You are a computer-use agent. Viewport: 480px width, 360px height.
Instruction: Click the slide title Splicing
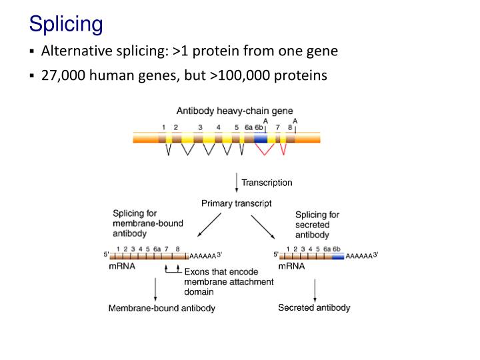click(x=65, y=25)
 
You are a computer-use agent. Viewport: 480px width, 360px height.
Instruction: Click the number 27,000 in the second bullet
click(x=63, y=75)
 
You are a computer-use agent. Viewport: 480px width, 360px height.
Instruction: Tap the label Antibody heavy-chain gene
click(x=234, y=111)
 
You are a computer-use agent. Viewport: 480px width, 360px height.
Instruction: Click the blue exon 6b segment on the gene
click(x=260, y=138)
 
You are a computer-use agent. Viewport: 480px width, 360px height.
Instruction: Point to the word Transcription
click(x=267, y=183)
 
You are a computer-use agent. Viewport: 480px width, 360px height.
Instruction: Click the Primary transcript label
click(x=236, y=203)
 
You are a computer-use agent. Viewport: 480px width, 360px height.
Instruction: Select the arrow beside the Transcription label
click(x=237, y=183)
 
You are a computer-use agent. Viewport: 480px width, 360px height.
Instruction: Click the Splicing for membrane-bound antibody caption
click(x=147, y=224)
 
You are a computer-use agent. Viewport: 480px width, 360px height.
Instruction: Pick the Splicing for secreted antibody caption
click(x=317, y=225)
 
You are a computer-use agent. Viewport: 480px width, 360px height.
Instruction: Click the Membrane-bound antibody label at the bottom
click(x=162, y=308)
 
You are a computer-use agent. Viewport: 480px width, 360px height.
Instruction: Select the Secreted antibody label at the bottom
click(x=314, y=307)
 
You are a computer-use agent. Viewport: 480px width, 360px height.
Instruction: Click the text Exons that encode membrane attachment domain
click(x=228, y=281)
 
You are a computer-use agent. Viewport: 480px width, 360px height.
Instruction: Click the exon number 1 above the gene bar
click(x=163, y=127)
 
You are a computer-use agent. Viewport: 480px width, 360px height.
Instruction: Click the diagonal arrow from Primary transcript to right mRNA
click(x=262, y=227)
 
